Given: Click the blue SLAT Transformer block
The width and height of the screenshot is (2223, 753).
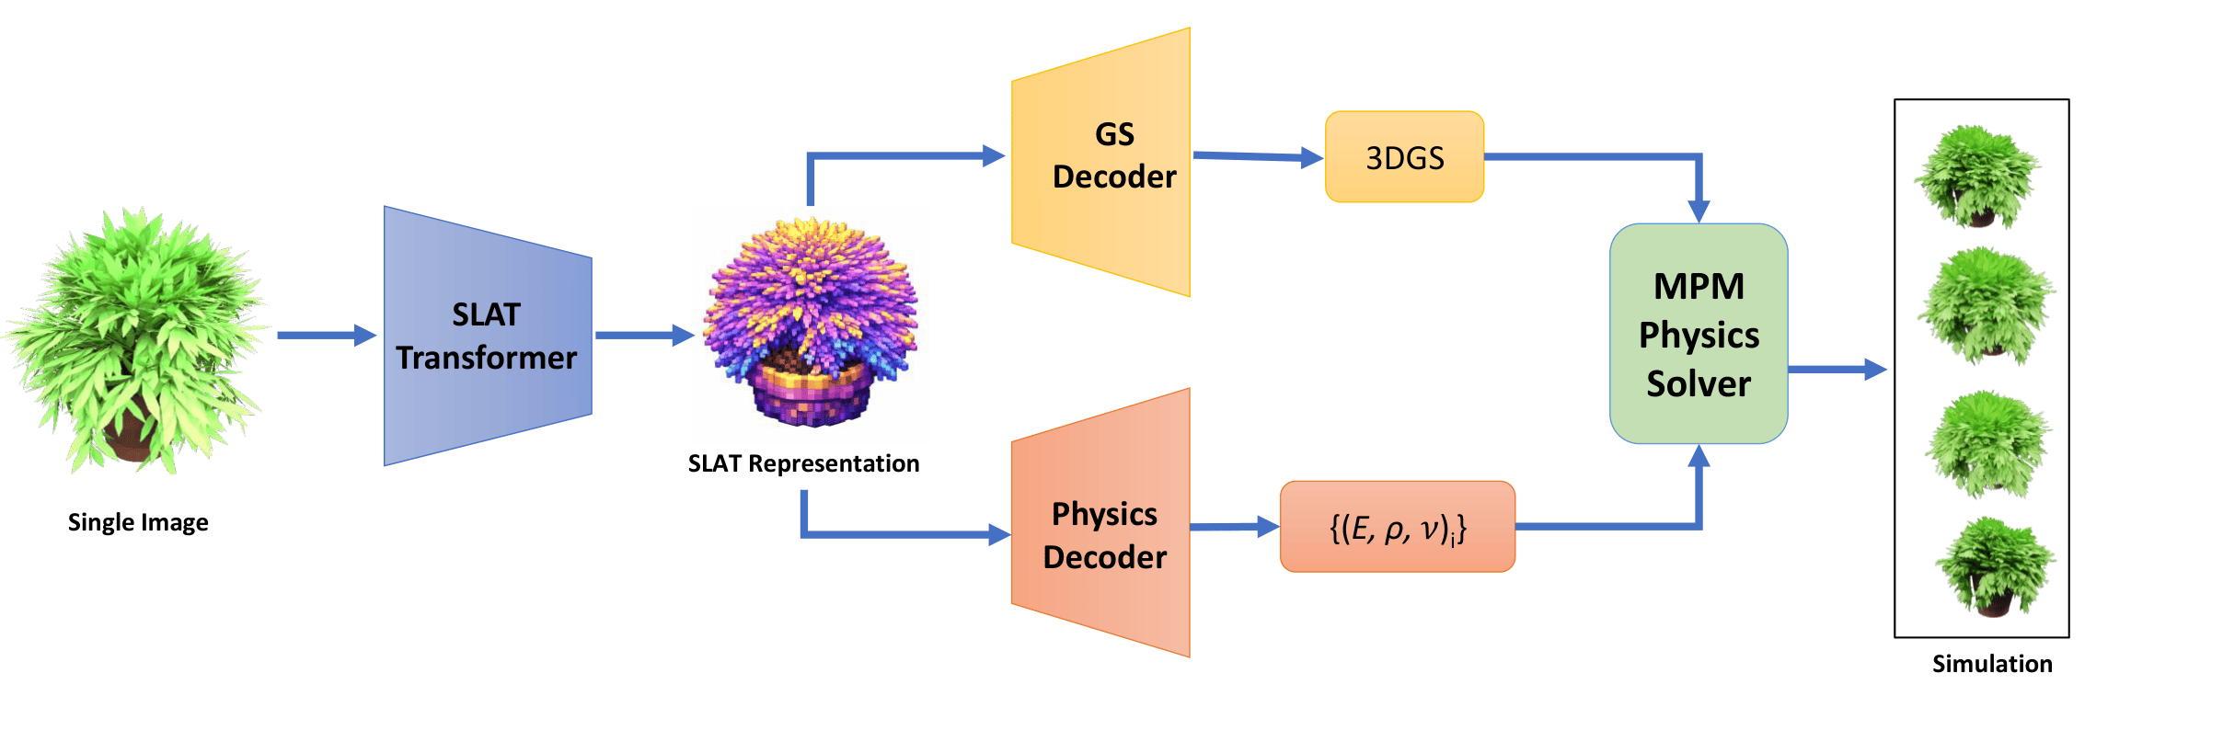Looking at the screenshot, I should [x=487, y=336].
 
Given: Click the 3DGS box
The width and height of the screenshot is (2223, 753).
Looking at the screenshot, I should [x=1404, y=157].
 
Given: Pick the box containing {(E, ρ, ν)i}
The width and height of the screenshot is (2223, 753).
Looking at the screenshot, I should [x=1397, y=527].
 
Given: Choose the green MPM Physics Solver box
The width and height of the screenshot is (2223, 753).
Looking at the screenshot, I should [x=1699, y=334].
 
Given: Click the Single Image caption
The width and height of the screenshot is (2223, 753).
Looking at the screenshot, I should [x=138, y=522].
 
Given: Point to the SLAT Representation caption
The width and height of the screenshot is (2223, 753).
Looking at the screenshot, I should [x=803, y=463].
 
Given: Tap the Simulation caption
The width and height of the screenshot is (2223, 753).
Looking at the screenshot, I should [x=1992, y=664].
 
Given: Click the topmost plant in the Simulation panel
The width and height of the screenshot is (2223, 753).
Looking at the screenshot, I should [x=1978, y=177].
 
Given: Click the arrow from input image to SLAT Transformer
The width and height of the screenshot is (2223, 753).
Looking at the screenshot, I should [x=327, y=336].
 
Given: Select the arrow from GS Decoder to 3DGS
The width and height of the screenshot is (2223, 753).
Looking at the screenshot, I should [x=1257, y=157].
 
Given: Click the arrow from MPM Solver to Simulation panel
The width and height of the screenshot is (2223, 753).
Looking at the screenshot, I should [x=1837, y=370].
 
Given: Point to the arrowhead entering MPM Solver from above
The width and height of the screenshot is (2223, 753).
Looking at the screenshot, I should [x=1699, y=211].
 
